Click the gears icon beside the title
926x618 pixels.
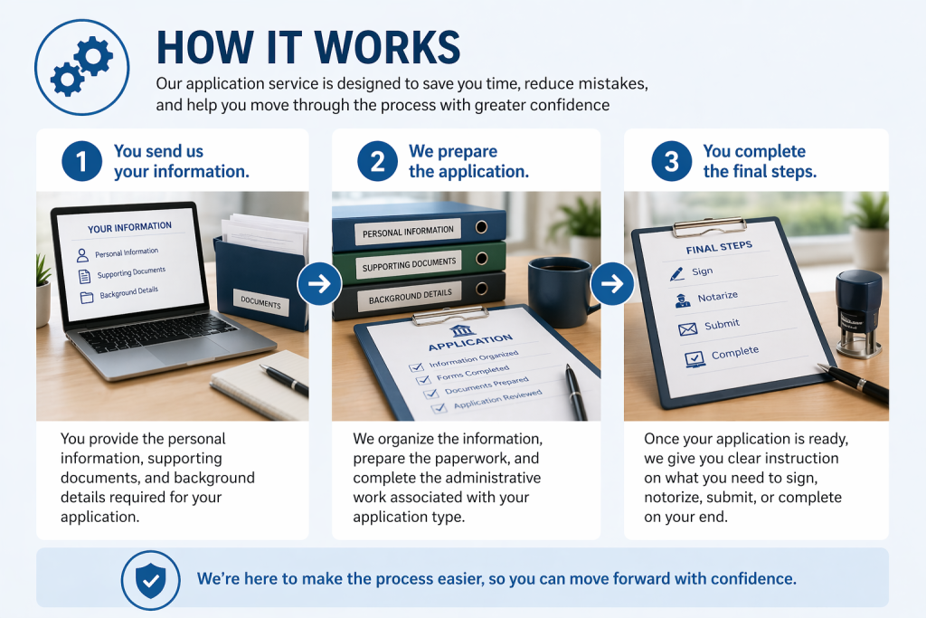(82, 67)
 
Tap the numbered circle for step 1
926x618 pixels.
(82, 161)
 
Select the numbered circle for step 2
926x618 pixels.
(377, 161)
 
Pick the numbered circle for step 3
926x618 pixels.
(672, 161)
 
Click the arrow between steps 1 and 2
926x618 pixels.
(319, 283)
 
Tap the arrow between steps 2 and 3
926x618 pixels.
(612, 283)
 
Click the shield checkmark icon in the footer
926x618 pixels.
(151, 580)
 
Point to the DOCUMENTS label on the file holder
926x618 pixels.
(260, 302)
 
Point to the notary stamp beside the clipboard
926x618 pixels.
(858, 313)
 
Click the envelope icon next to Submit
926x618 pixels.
(688, 329)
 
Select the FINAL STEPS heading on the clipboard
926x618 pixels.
(719, 247)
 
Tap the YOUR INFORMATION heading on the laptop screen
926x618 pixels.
(129, 227)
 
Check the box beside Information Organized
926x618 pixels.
(415, 366)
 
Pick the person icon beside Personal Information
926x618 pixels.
(82, 255)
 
